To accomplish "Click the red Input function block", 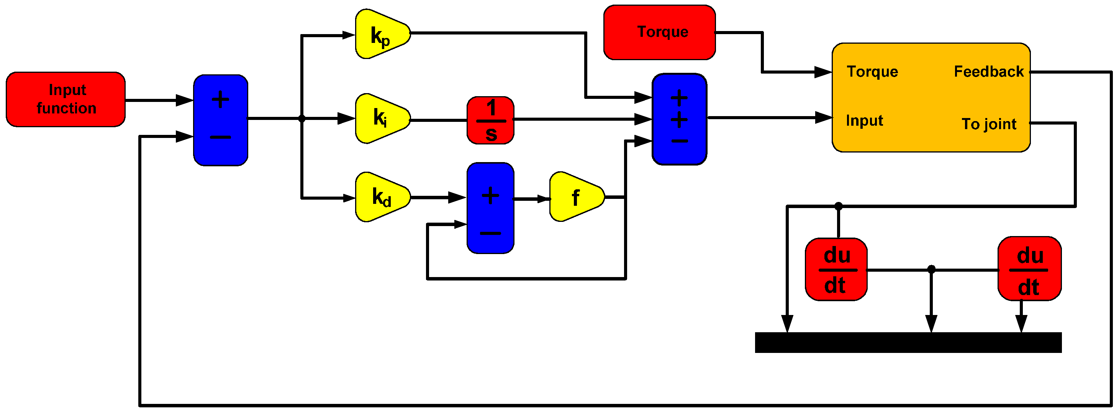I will click(66, 100).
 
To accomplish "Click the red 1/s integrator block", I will click(490, 120).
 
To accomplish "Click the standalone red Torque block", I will click(659, 32).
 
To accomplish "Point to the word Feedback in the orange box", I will click(988, 72).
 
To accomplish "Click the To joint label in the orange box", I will click(989, 124).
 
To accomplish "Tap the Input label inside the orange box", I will click(865, 120).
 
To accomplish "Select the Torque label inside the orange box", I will click(872, 72).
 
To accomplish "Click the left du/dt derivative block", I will click(836, 269).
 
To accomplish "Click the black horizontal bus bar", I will click(908, 343).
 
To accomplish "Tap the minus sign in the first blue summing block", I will click(220, 138).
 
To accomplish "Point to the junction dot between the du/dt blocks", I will click(931, 269).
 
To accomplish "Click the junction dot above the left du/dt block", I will click(838, 206).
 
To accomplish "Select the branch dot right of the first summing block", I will click(302, 118).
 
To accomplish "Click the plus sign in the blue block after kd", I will click(490, 195).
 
